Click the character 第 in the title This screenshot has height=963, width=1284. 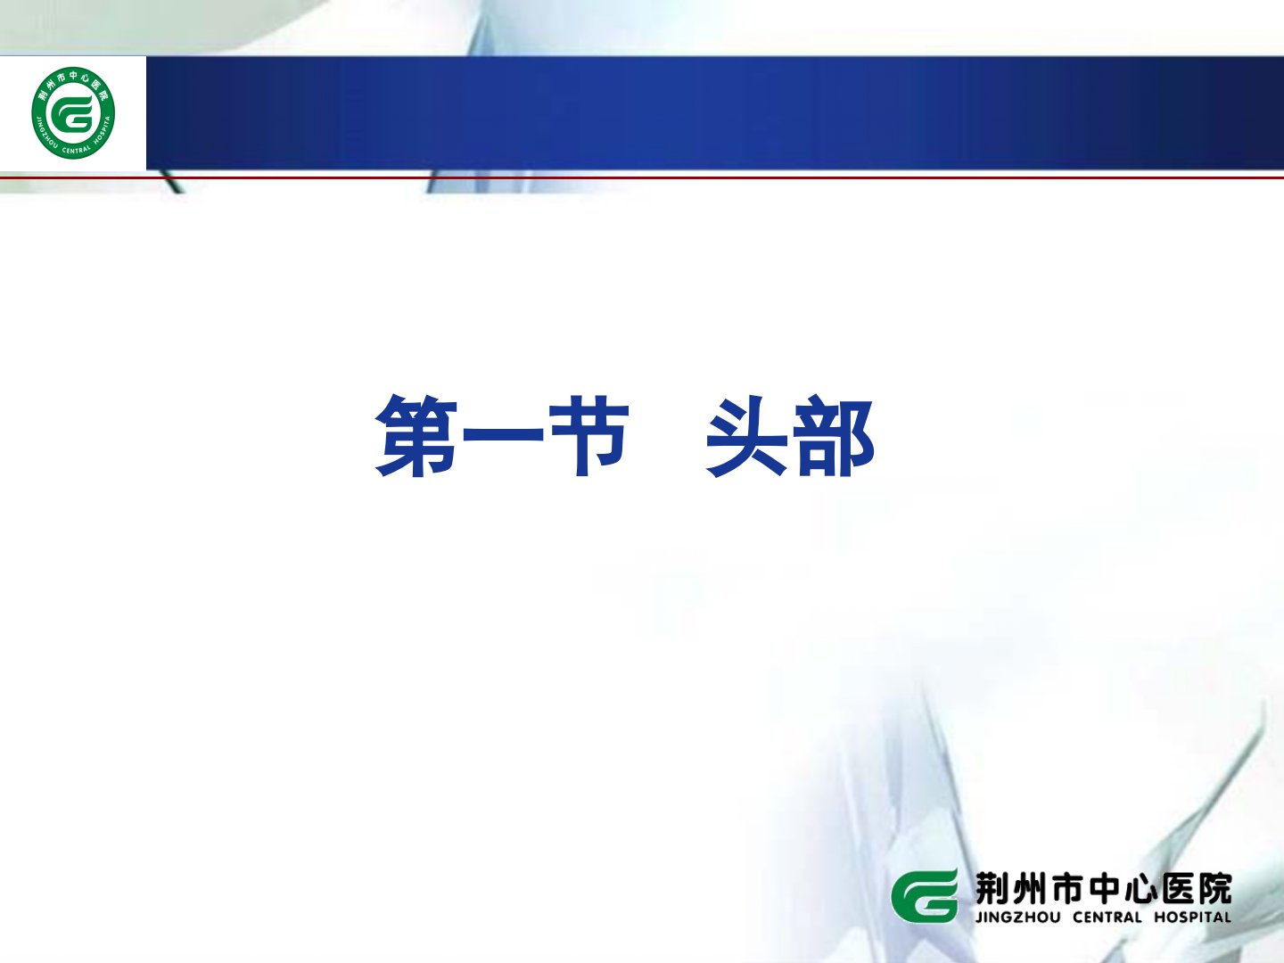[x=416, y=435]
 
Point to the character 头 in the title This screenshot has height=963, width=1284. [x=747, y=436]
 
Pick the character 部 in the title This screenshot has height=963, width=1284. [x=833, y=436]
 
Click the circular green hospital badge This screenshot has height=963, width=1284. [x=73, y=113]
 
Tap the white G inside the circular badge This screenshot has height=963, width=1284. [x=72, y=113]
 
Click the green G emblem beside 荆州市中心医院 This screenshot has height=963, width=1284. [x=925, y=896]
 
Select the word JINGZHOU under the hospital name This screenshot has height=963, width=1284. [x=1017, y=918]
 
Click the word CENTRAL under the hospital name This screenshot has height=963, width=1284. [x=1107, y=918]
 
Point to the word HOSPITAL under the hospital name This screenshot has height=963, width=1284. [x=1193, y=918]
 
